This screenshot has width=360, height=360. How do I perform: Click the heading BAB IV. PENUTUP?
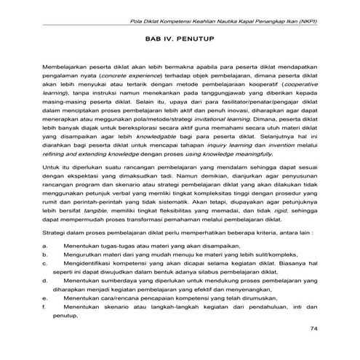point(180,33)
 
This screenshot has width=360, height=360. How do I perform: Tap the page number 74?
point(314,328)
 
